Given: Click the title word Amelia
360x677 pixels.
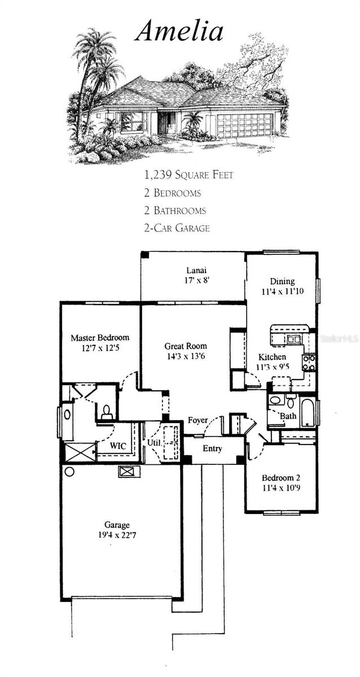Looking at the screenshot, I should tap(179, 31).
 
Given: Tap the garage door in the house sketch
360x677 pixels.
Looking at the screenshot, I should tap(245, 125).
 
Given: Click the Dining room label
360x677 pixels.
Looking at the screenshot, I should tap(282, 282).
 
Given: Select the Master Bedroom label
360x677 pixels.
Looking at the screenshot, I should tap(100, 337).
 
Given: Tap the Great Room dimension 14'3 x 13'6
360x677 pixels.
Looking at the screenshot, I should tap(185, 357).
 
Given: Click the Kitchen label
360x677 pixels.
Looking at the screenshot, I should tap(272, 357).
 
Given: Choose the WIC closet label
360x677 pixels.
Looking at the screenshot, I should tap(118, 446).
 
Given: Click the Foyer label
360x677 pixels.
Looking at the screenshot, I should tap(197, 420).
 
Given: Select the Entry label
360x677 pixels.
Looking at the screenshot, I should tap(213, 449).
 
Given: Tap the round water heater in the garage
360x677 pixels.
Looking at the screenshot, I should tap(70, 471).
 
